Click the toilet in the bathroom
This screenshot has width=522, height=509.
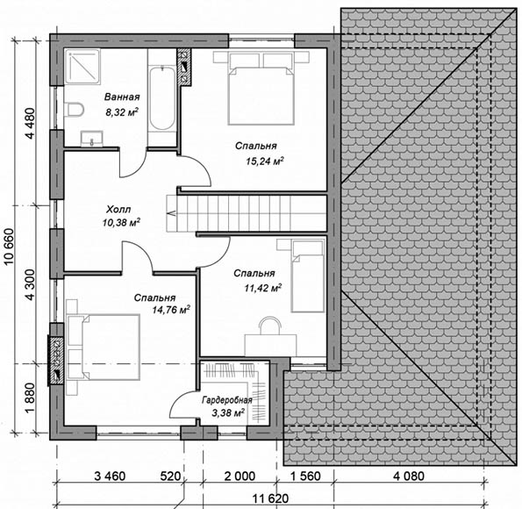(75, 110)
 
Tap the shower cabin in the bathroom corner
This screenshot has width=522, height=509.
(82, 67)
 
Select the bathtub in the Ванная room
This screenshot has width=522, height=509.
(161, 98)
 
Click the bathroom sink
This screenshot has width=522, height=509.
(91, 139)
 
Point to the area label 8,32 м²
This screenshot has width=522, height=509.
(122, 112)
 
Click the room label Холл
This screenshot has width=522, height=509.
(118, 210)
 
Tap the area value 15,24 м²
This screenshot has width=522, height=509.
(265, 161)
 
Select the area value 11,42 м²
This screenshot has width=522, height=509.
(263, 288)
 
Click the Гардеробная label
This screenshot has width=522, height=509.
(226, 400)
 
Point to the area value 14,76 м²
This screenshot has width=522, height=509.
(171, 310)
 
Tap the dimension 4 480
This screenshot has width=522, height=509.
(31, 123)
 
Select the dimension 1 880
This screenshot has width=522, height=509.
(31, 398)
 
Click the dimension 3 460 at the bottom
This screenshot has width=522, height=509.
(110, 476)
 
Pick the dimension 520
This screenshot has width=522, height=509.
(170, 476)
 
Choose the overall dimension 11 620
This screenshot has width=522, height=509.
(270, 498)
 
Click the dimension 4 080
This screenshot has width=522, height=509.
(409, 476)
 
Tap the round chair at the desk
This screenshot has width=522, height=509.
(271, 325)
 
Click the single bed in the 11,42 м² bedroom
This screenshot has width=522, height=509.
(308, 276)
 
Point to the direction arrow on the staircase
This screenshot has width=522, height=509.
(173, 213)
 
